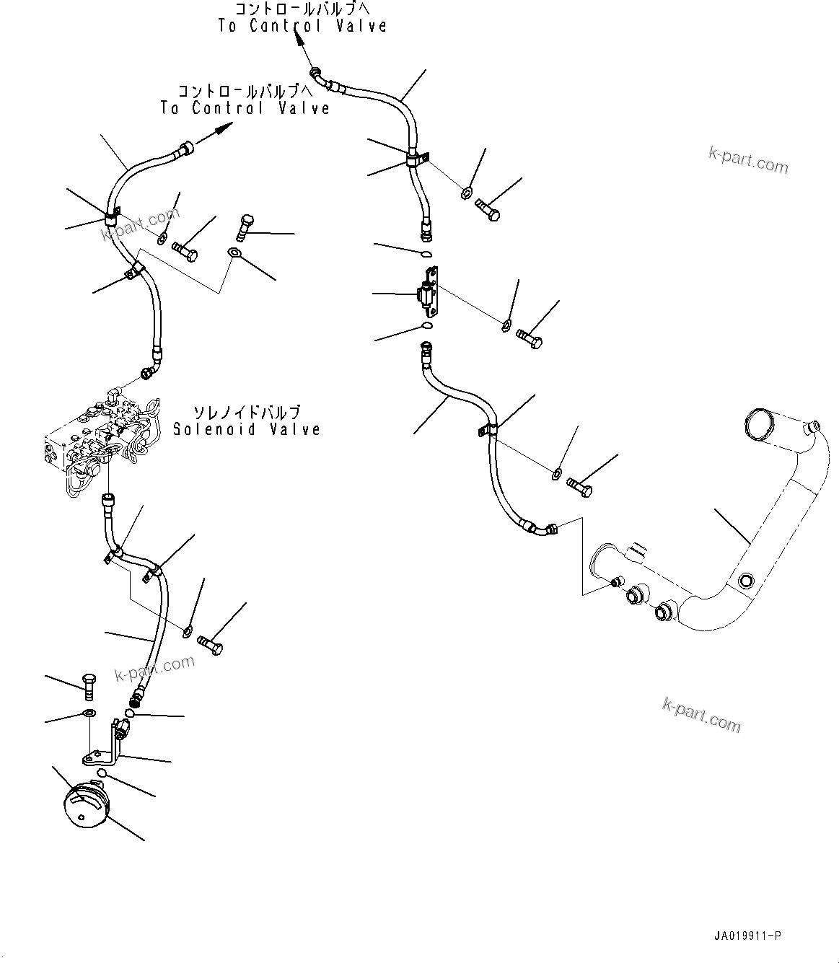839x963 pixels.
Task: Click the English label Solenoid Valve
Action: (247, 430)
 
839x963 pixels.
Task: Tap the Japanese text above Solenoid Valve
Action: (247, 413)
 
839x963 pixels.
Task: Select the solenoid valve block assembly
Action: (103, 441)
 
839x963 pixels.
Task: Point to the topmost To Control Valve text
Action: (302, 25)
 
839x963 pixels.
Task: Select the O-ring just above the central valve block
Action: (427, 255)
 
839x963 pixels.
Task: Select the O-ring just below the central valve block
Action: (427, 326)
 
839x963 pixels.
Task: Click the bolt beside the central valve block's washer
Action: (529, 338)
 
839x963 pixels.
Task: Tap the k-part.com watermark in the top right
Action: (748, 160)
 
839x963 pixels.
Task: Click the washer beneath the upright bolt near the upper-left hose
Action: (234, 252)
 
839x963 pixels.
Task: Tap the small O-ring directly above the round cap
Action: (101, 773)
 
